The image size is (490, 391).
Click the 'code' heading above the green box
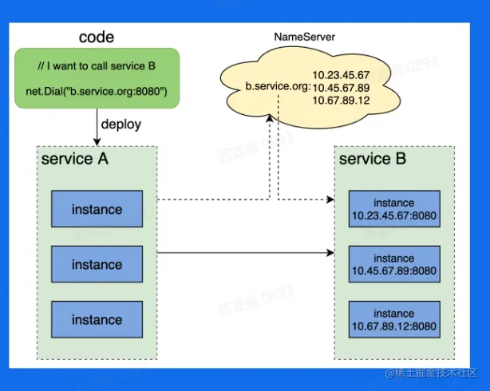[x=97, y=37]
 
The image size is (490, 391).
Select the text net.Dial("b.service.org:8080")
[x=97, y=93]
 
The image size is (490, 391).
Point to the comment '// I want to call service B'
[x=97, y=65]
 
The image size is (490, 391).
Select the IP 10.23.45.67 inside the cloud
[x=341, y=75]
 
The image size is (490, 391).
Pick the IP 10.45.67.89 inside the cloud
[x=341, y=88]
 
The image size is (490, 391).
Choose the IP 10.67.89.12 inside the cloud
[x=341, y=101]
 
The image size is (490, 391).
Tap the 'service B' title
[x=373, y=159]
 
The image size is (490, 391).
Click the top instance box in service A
[x=97, y=210]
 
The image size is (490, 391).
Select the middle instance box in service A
[x=97, y=264]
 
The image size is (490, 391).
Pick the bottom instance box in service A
[x=97, y=320]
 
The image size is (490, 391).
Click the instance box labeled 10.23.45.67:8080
[x=393, y=209]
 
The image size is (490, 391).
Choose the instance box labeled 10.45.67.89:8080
[x=393, y=264]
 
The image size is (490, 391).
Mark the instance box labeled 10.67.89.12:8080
[x=393, y=319]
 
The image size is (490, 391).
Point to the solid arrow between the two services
[x=239, y=253]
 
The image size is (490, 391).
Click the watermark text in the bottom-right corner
[x=432, y=373]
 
